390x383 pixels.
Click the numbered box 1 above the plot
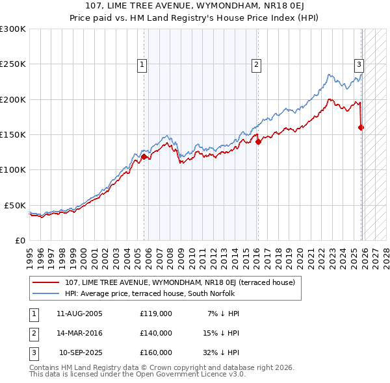coord(142,64)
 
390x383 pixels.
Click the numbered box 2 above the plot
coord(257,64)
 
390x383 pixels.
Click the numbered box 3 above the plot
coord(358,64)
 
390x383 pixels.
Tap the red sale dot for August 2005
coord(144,156)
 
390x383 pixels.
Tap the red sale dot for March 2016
coord(258,142)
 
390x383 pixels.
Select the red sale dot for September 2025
coord(361,127)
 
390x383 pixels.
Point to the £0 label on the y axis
coord(19,240)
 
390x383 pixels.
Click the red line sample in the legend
coord(45,282)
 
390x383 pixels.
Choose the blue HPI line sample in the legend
coord(45,293)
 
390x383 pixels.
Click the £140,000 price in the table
coord(155,333)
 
